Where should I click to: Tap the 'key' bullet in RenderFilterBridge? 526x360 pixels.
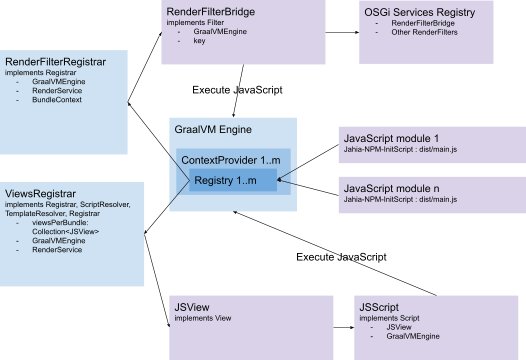(200, 41)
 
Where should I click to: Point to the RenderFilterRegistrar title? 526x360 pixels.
(57, 62)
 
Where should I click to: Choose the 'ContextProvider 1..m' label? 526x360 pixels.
(229, 160)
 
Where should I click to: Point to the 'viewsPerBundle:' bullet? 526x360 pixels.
(63, 223)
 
